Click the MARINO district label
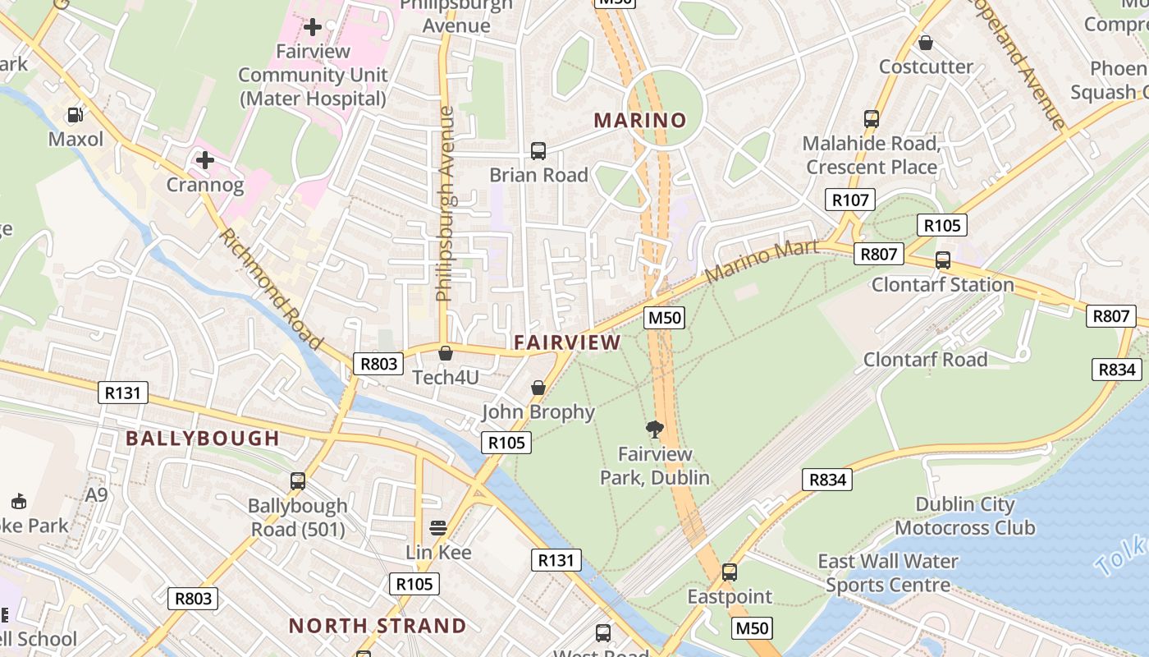point(640,121)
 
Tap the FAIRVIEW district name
point(567,342)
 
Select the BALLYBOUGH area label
point(203,438)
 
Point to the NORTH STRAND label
point(378,626)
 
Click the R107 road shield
point(850,200)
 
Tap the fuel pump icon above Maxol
point(76,116)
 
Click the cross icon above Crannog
point(205,159)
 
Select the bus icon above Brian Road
point(538,151)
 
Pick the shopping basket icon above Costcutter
point(926,43)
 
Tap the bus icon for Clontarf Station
point(943,260)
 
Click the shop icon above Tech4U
point(446,353)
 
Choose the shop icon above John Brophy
point(538,388)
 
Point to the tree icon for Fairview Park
point(655,429)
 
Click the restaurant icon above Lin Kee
point(438,527)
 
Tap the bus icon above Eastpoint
point(730,572)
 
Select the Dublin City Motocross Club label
point(965,516)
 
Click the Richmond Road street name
point(270,288)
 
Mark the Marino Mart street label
point(761,260)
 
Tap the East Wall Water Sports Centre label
point(888,573)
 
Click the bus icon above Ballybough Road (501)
point(298,481)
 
